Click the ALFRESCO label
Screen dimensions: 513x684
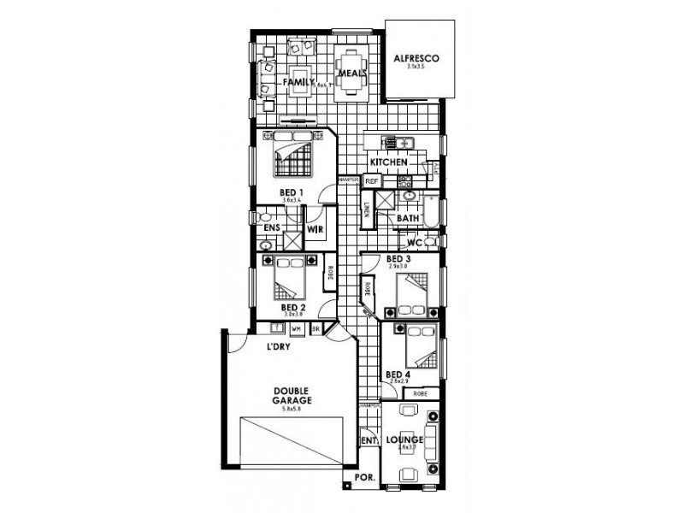[x=416, y=58]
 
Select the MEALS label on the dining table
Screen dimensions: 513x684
[x=351, y=74]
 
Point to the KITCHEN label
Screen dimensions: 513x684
[x=388, y=162]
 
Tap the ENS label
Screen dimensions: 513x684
[x=273, y=228]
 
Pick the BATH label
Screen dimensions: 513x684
[x=408, y=220]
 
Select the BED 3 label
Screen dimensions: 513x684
[x=399, y=259]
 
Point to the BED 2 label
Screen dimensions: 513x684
[x=293, y=307]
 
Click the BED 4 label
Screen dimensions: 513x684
[x=398, y=374]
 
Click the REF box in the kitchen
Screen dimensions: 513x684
[x=372, y=181]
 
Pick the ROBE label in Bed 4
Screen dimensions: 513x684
[x=420, y=393]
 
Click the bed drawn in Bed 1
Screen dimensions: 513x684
[x=293, y=154]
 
